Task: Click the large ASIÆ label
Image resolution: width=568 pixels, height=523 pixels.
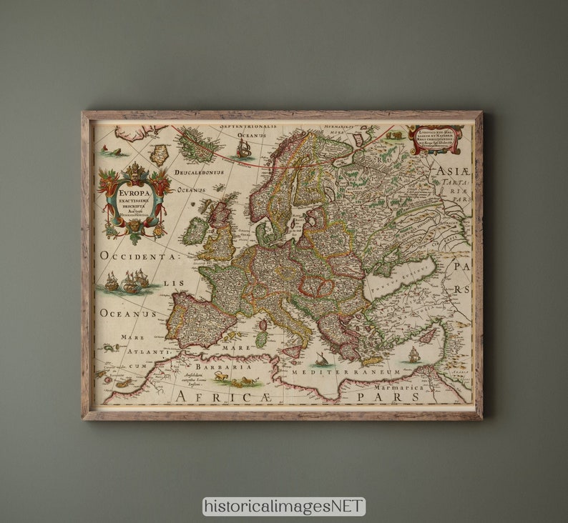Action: [x=449, y=171]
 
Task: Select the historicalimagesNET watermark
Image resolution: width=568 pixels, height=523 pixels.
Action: [x=284, y=507]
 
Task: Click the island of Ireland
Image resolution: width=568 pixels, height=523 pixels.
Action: [x=196, y=231]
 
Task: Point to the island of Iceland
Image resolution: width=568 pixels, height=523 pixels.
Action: [x=198, y=146]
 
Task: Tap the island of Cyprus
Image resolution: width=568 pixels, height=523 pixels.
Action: [x=429, y=334]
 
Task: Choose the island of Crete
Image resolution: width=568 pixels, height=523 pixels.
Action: [x=373, y=362]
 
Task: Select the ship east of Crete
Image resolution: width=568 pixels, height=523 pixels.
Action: [x=413, y=354]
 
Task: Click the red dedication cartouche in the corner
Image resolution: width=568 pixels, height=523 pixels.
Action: [x=435, y=139]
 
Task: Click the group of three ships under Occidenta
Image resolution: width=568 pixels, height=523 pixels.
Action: [x=128, y=282]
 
